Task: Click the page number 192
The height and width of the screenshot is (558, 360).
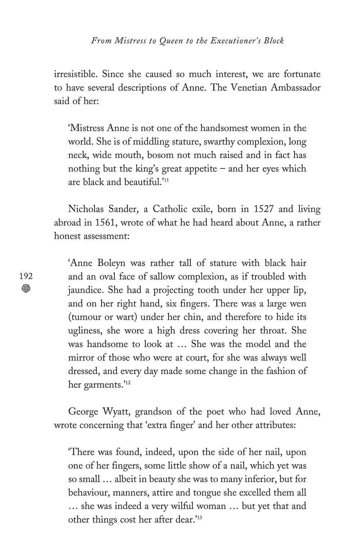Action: coord(26,276)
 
